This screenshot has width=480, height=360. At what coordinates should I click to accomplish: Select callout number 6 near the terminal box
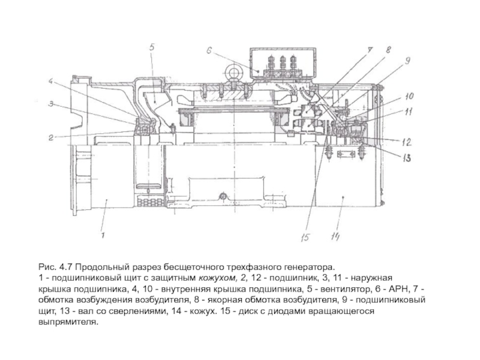[209, 51]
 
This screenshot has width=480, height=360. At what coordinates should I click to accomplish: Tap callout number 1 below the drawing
[103, 235]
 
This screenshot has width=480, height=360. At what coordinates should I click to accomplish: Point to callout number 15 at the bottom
[305, 237]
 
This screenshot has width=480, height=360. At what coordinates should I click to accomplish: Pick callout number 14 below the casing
[335, 236]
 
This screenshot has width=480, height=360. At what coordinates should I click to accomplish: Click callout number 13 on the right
[407, 158]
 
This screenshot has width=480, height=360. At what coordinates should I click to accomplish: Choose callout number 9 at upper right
[407, 61]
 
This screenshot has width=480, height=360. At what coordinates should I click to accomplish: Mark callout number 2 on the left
[51, 137]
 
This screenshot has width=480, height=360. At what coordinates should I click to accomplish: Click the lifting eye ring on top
[234, 73]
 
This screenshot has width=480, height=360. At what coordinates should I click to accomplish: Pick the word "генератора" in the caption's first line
[310, 267]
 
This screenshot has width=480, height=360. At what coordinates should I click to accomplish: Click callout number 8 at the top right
[388, 50]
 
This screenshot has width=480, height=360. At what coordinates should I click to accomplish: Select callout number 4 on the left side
[51, 82]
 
